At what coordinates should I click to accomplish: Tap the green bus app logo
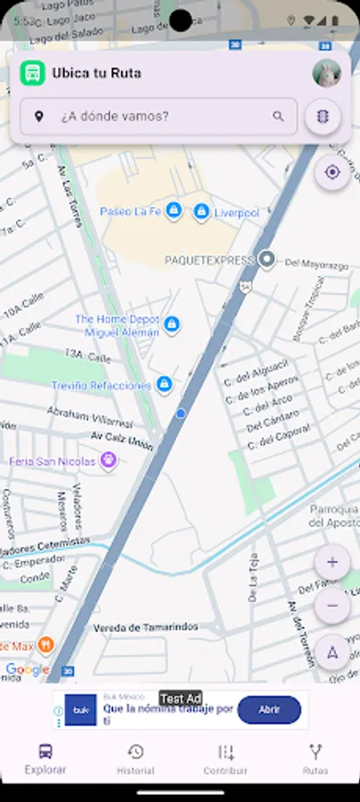tap(33, 73)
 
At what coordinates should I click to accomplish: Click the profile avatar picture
tap(327, 73)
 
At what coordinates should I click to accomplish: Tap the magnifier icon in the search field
tap(279, 117)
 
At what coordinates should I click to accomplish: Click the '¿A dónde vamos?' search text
tap(115, 117)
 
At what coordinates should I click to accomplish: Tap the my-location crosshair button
tap(332, 172)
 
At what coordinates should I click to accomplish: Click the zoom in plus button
tap(332, 562)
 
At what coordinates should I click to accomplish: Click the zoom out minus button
tap(332, 606)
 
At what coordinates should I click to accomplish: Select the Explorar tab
tap(45, 758)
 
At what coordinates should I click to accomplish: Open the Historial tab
tap(135, 758)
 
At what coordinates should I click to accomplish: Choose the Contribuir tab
tap(225, 758)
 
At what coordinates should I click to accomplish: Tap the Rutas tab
tap(315, 758)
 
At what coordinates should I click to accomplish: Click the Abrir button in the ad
tap(269, 710)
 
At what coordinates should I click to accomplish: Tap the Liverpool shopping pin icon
tap(201, 211)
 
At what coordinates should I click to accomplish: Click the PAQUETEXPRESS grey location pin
tap(266, 260)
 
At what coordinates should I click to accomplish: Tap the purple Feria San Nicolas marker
tap(109, 460)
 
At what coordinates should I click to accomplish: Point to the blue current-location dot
tap(181, 413)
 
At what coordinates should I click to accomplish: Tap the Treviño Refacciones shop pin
tap(164, 384)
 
